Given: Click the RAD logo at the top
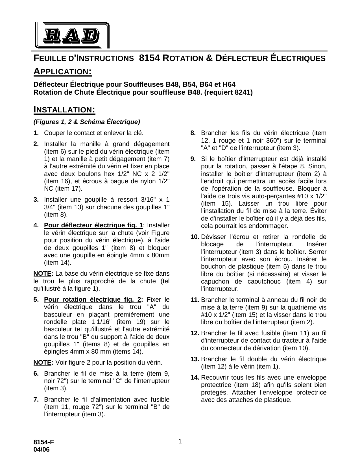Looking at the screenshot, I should coord(72,35).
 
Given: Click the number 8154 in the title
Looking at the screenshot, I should coord(150,58).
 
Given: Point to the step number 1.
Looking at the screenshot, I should coord(36,133).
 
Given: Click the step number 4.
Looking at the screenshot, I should coord(36,225).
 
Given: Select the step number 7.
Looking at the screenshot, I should coord(36,399).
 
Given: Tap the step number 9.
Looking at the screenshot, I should coord(193,159).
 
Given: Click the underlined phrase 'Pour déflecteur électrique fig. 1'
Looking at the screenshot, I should coord(93,225).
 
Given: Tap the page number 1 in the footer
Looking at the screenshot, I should coord(180,441).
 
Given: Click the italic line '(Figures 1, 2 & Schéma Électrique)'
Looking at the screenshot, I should coord(87,122).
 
